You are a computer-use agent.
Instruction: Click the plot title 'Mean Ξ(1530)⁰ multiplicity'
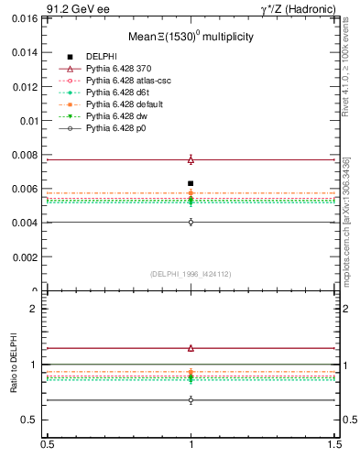(191, 37)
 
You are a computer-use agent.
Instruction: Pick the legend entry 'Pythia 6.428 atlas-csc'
(124, 81)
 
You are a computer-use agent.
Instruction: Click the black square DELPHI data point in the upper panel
(191, 183)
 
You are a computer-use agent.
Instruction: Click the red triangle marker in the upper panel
(191, 159)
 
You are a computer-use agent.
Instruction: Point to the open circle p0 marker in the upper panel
(191, 222)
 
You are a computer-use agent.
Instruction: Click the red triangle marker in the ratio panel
(191, 348)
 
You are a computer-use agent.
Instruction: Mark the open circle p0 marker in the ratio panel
(191, 400)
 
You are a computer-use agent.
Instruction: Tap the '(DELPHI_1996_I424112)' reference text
(191, 273)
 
